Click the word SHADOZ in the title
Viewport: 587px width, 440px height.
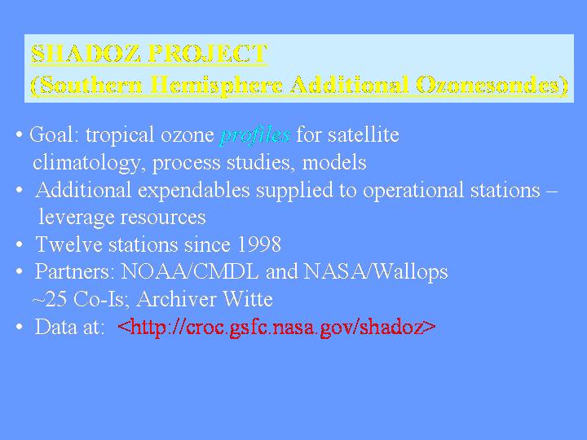pos(86,54)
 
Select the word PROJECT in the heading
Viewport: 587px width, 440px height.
pos(208,54)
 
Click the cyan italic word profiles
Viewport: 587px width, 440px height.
pos(255,135)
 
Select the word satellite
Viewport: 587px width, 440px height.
pos(364,134)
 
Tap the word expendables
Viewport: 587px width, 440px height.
pos(193,190)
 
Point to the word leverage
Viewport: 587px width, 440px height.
pos(77,218)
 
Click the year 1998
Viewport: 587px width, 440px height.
pos(259,244)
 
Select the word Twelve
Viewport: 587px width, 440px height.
pos(68,244)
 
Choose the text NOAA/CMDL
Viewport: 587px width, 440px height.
pos(190,271)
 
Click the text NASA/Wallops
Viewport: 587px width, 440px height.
pos(376,271)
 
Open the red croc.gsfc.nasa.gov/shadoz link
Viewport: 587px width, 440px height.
pos(276,328)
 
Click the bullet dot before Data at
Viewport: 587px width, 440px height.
pos(20,327)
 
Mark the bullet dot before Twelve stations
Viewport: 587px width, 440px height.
pos(20,244)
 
